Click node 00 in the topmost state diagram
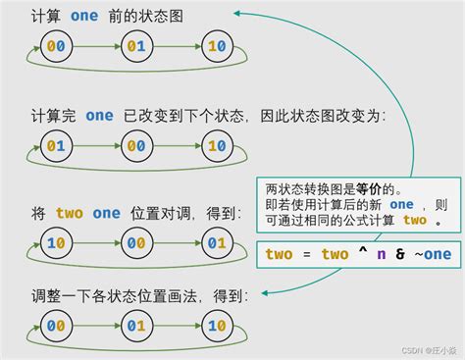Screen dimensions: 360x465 pyautogui.click(x=56, y=45)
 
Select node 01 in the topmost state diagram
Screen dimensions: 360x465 pyautogui.click(x=136, y=45)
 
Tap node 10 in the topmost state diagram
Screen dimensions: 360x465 pyautogui.click(x=217, y=45)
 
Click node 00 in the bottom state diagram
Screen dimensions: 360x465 pyautogui.click(x=56, y=325)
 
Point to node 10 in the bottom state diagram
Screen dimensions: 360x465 pyautogui.click(x=217, y=325)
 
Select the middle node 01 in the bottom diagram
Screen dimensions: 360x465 pyautogui.click(x=136, y=325)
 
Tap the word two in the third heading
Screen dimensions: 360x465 pyautogui.click(x=70, y=212)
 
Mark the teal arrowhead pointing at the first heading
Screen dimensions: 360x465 pyautogui.click(x=240, y=15)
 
